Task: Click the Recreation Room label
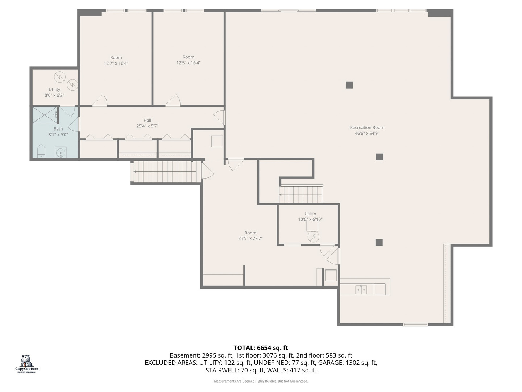(367, 127)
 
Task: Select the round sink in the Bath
(60, 152)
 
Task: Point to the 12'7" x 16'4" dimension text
(116, 64)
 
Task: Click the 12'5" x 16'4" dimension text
(188, 63)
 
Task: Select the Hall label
(147, 120)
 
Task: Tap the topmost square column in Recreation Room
(349, 85)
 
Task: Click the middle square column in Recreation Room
(379, 157)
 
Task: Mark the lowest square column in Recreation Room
(379, 242)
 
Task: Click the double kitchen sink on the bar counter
(361, 290)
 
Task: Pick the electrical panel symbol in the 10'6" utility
(313, 237)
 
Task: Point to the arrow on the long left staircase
(136, 172)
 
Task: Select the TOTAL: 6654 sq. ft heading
(261, 348)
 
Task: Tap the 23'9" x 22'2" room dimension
(250, 238)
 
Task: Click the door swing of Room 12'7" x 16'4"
(100, 101)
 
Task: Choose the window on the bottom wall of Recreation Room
(415, 324)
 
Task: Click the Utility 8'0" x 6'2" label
(54, 89)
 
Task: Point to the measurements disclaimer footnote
(261, 381)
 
